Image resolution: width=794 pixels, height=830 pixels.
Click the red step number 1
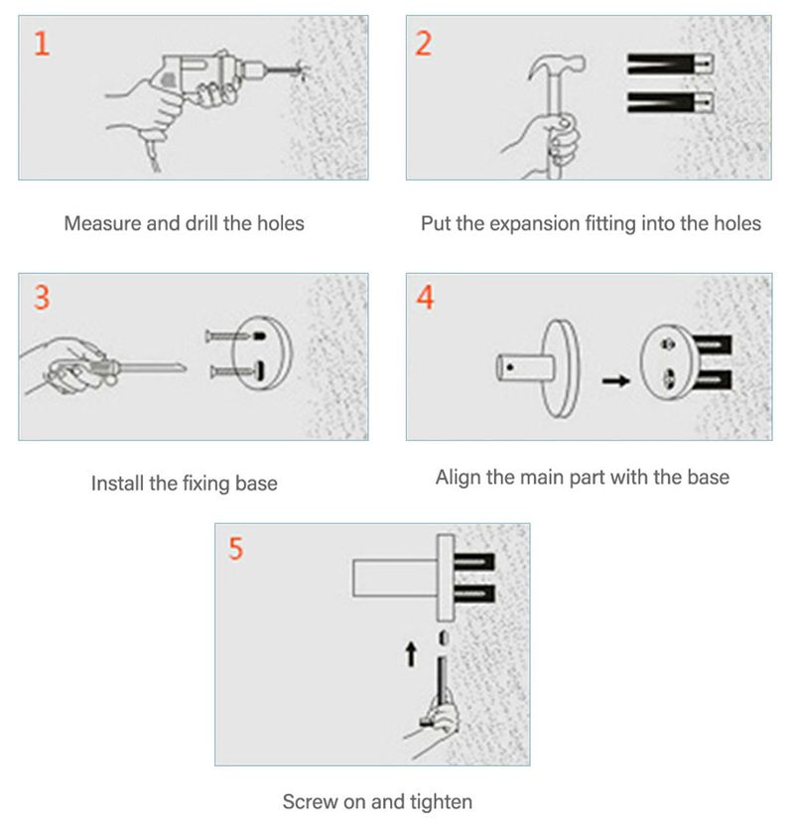42,44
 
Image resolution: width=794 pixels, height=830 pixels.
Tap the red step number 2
424,44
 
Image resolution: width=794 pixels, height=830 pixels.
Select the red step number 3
42,297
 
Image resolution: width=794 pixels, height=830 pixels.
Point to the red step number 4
425,297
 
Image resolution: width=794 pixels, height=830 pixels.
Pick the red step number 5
235,548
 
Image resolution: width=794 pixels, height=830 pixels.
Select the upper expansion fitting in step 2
670,65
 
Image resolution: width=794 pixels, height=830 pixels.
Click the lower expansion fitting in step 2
670,102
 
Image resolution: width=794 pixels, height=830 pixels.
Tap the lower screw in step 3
233,371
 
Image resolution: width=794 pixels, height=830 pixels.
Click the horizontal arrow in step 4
616,380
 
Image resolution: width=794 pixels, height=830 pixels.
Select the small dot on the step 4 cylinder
510,366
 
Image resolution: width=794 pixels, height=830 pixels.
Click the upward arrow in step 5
411,654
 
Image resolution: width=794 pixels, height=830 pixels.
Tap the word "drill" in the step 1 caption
201,223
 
